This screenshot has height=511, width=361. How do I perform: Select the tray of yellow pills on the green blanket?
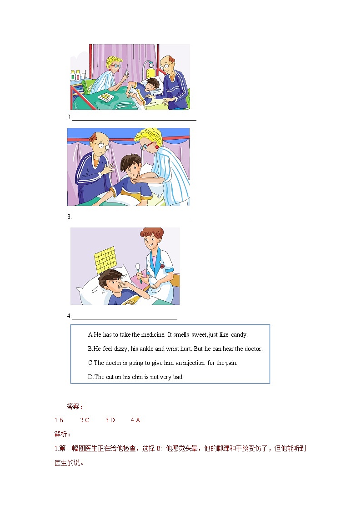tap(107, 97)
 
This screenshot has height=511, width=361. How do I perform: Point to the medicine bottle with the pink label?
tap(78, 76)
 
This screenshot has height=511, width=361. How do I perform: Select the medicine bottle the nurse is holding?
tap(157, 287)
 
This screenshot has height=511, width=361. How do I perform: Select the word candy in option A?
tap(239, 334)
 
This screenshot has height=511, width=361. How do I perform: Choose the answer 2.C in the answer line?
tap(85, 420)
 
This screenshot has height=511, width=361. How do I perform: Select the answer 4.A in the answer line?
tap(135, 420)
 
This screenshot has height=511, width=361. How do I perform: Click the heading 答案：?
tap(75, 406)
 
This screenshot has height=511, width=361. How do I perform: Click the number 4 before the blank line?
tap(69, 316)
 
